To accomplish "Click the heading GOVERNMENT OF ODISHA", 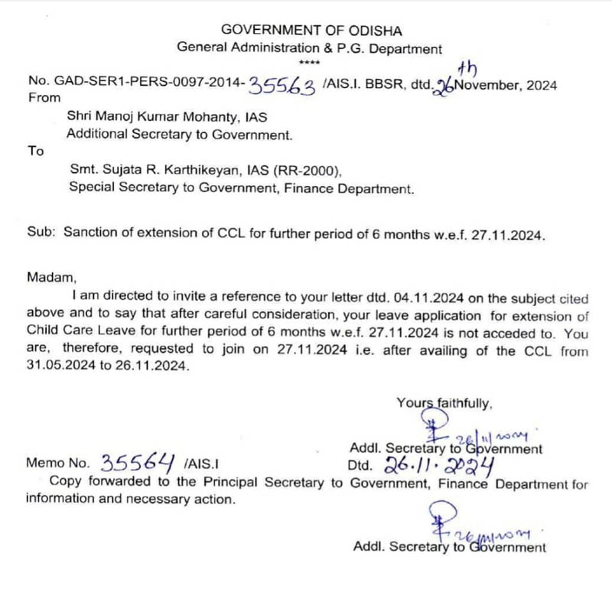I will tap(310, 30).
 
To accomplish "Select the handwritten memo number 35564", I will tap(140, 462).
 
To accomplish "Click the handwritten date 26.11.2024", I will tap(435, 463).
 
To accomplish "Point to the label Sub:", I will tap(41, 233).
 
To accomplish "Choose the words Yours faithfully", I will tap(445, 402).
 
